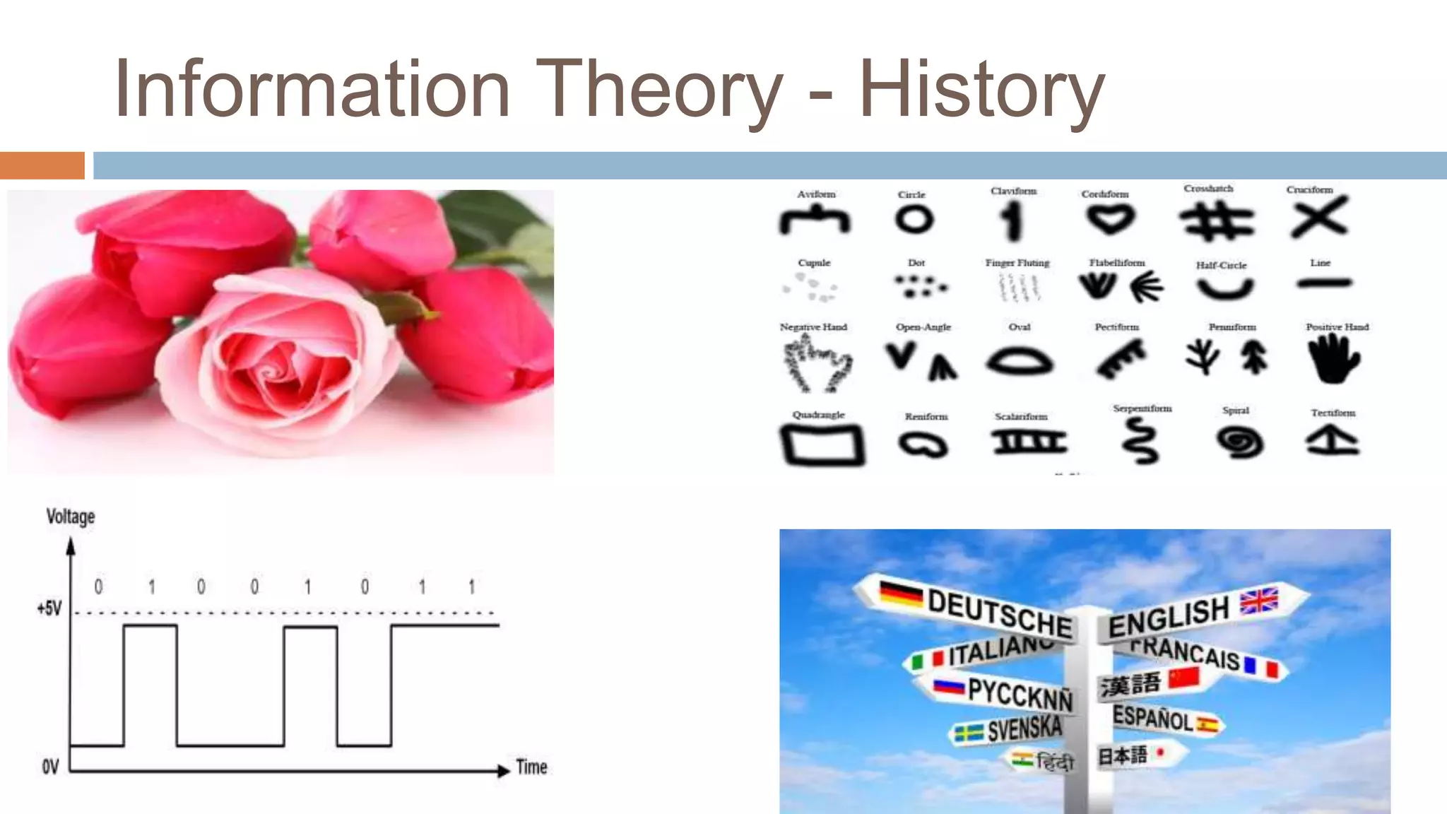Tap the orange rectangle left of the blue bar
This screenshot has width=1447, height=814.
pyautogui.click(x=42, y=165)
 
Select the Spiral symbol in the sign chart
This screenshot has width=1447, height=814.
pyautogui.click(x=1239, y=443)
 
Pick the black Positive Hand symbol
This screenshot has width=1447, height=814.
pyautogui.click(x=1333, y=359)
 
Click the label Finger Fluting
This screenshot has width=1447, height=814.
pyautogui.click(x=1017, y=263)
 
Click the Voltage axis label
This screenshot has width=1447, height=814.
pyautogui.click(x=71, y=517)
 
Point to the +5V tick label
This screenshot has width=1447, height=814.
pyautogui.click(x=49, y=608)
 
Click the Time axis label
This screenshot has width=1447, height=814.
pyautogui.click(x=531, y=767)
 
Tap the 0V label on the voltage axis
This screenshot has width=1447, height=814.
pyautogui.click(x=50, y=767)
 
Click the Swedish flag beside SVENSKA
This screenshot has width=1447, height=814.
pyautogui.click(x=969, y=733)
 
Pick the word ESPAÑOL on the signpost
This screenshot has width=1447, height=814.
pyautogui.click(x=1152, y=718)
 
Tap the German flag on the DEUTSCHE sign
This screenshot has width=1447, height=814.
pyautogui.click(x=901, y=594)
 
